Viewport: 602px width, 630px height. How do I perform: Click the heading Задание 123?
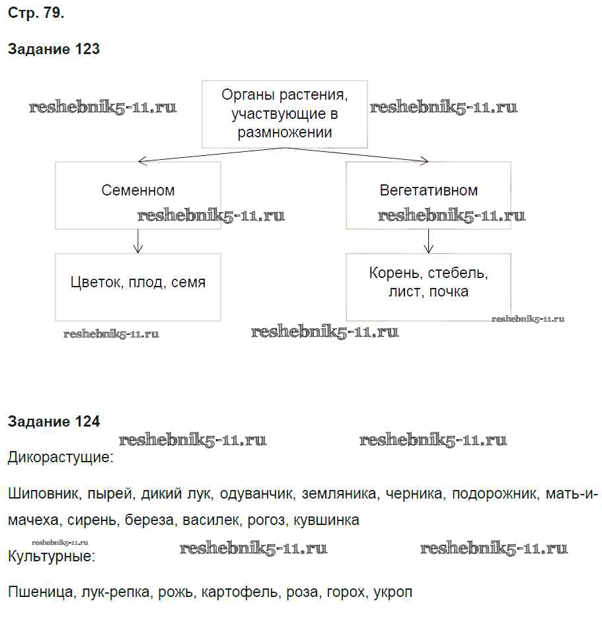54,49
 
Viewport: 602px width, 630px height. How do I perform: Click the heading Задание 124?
54,421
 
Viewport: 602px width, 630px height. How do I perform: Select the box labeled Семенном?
138,195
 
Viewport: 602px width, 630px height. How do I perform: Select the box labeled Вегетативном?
428,195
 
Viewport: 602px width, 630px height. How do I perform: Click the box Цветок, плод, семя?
138,287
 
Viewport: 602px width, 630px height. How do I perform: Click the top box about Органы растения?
284,114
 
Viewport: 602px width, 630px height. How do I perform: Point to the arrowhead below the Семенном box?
138,249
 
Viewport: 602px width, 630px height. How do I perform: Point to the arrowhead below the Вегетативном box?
428,249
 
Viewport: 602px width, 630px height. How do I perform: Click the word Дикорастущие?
60,458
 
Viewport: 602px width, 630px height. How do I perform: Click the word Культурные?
52,557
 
